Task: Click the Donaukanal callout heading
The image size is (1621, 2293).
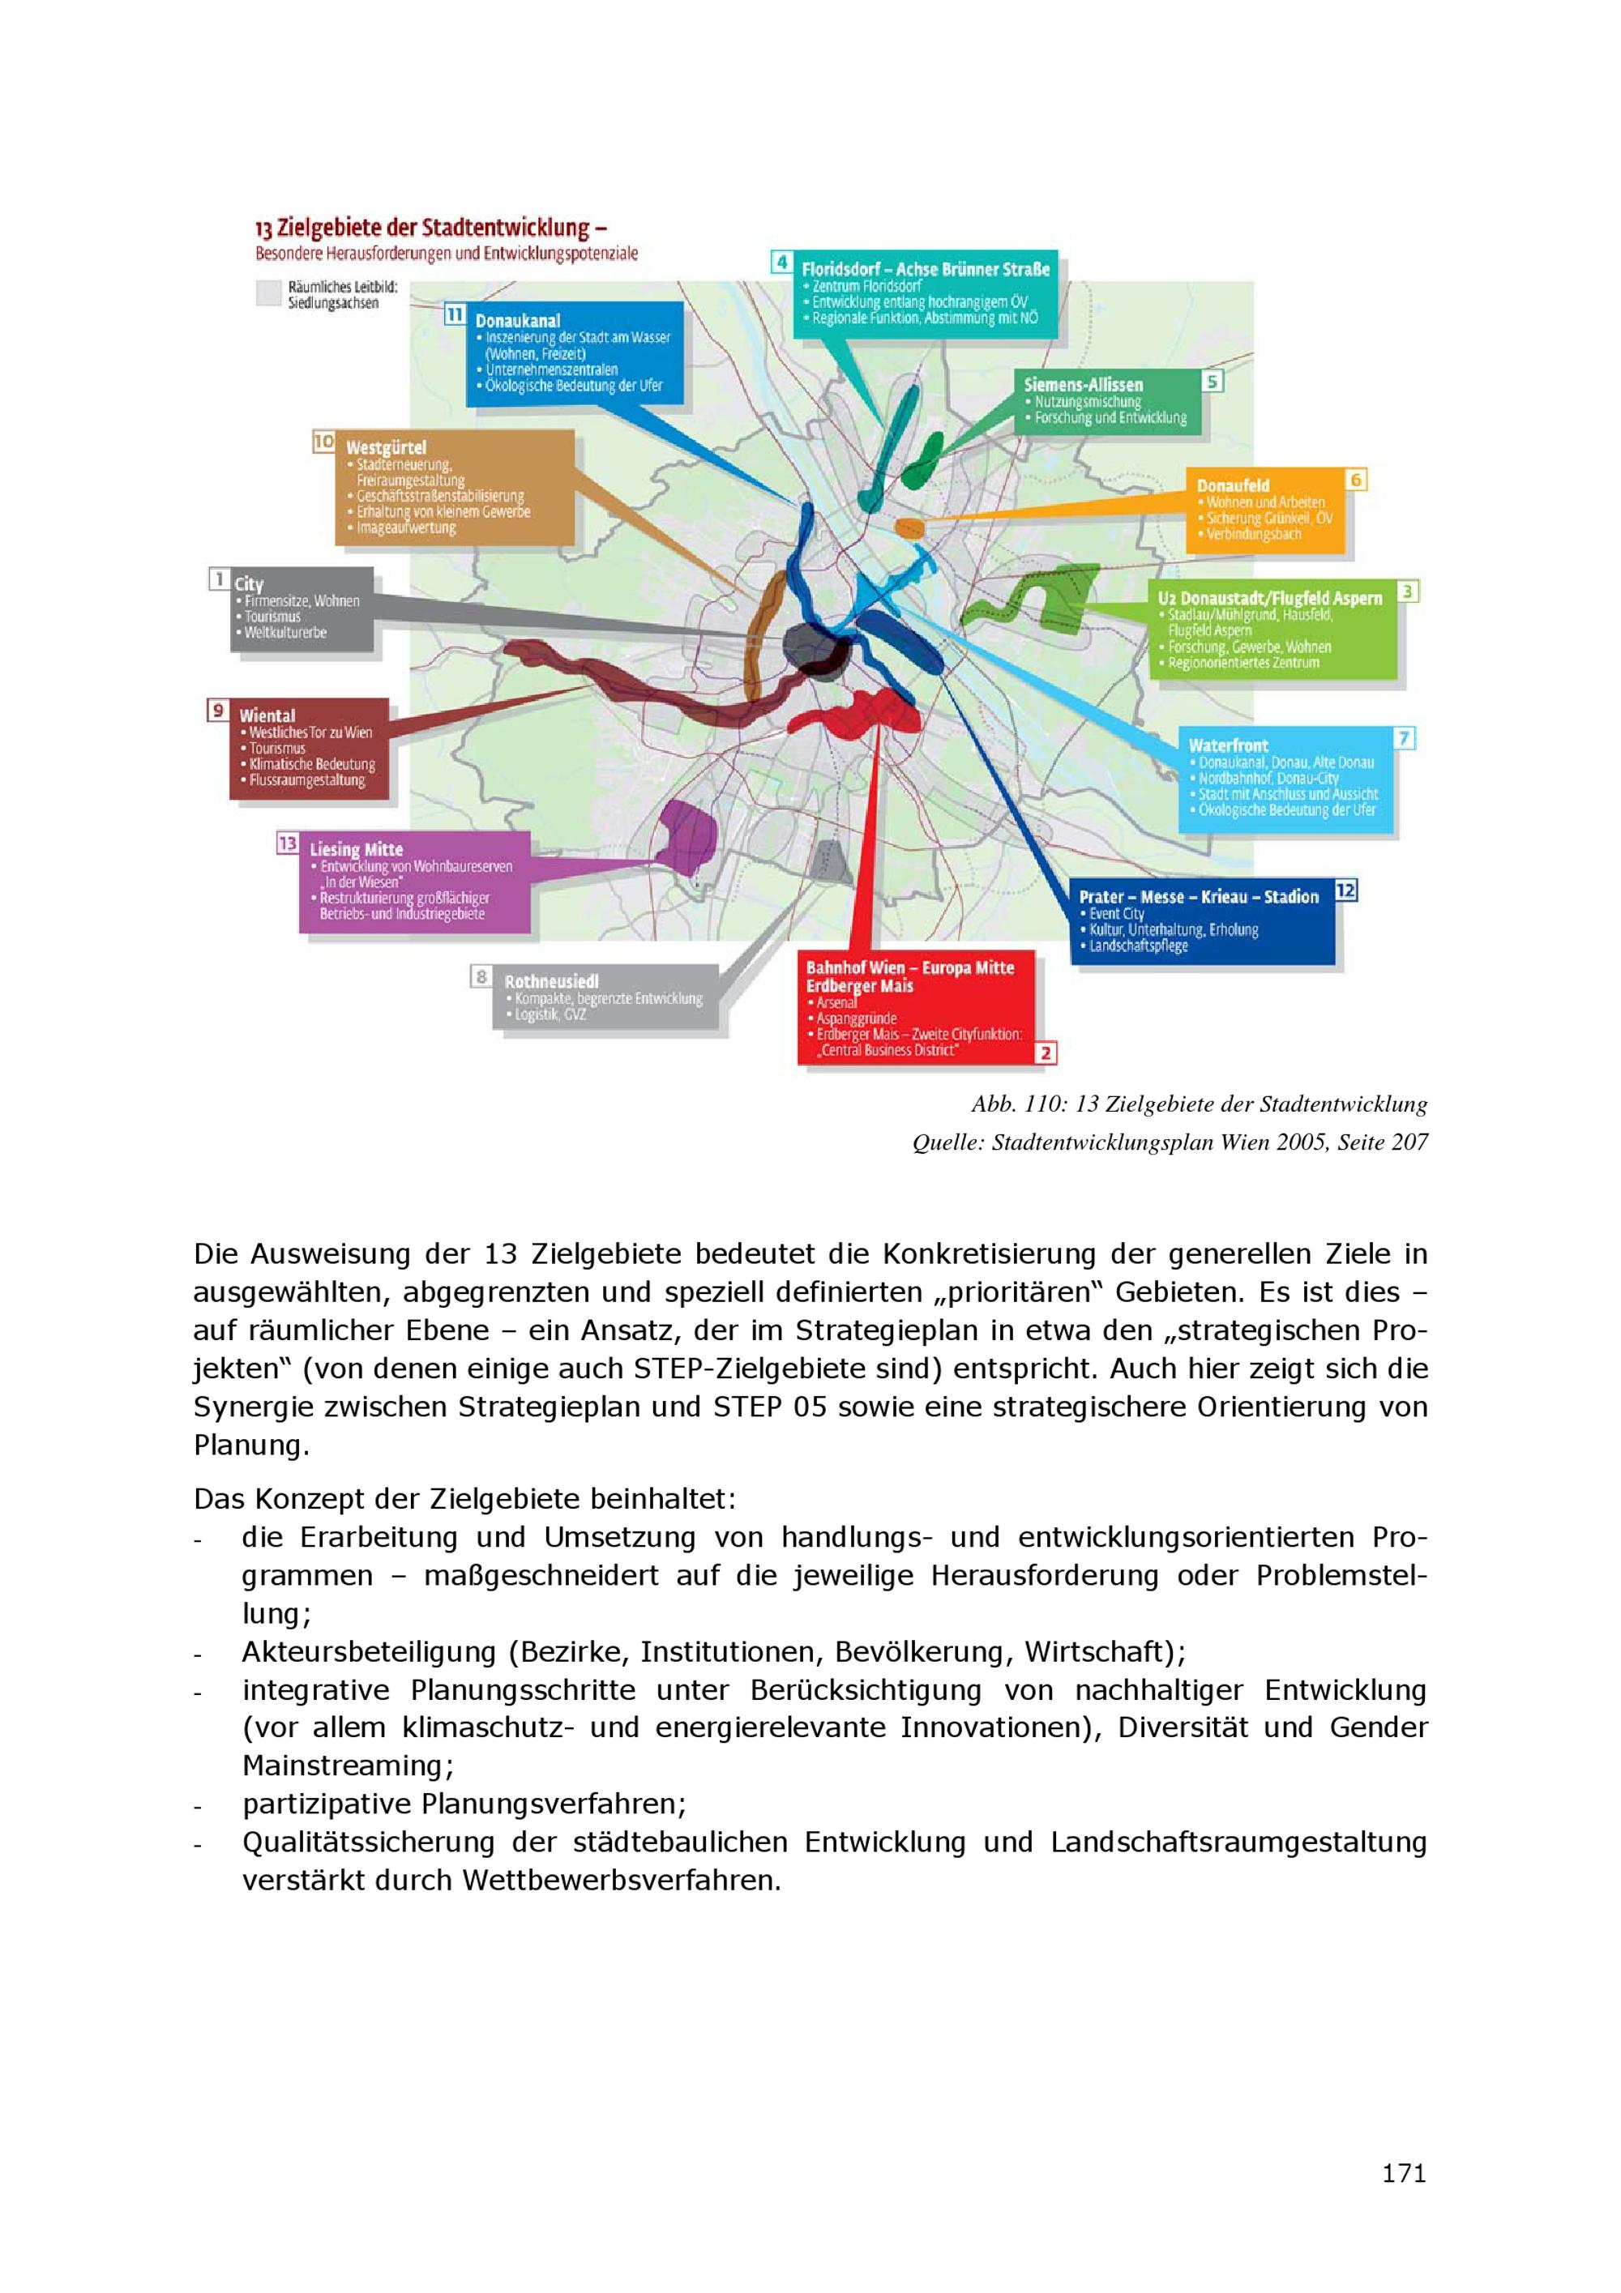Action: [517, 321]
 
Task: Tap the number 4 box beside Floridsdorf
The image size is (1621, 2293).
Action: [782, 263]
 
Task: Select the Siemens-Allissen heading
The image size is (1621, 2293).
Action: [1083, 385]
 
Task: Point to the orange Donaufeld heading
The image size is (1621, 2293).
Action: [1233, 485]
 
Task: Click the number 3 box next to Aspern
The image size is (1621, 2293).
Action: [1406, 591]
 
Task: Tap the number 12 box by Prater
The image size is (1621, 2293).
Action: [1345, 890]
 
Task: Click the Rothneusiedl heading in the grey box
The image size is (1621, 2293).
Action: [550, 982]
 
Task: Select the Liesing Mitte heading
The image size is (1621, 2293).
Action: [356, 850]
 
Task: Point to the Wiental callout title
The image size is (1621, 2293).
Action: [267, 715]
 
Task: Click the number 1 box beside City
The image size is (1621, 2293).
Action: [219, 579]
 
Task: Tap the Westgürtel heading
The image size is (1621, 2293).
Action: [386, 447]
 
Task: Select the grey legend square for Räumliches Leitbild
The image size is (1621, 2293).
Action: [267, 292]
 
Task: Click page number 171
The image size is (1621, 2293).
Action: [1403, 2172]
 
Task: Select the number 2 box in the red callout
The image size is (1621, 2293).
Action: [1045, 1052]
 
